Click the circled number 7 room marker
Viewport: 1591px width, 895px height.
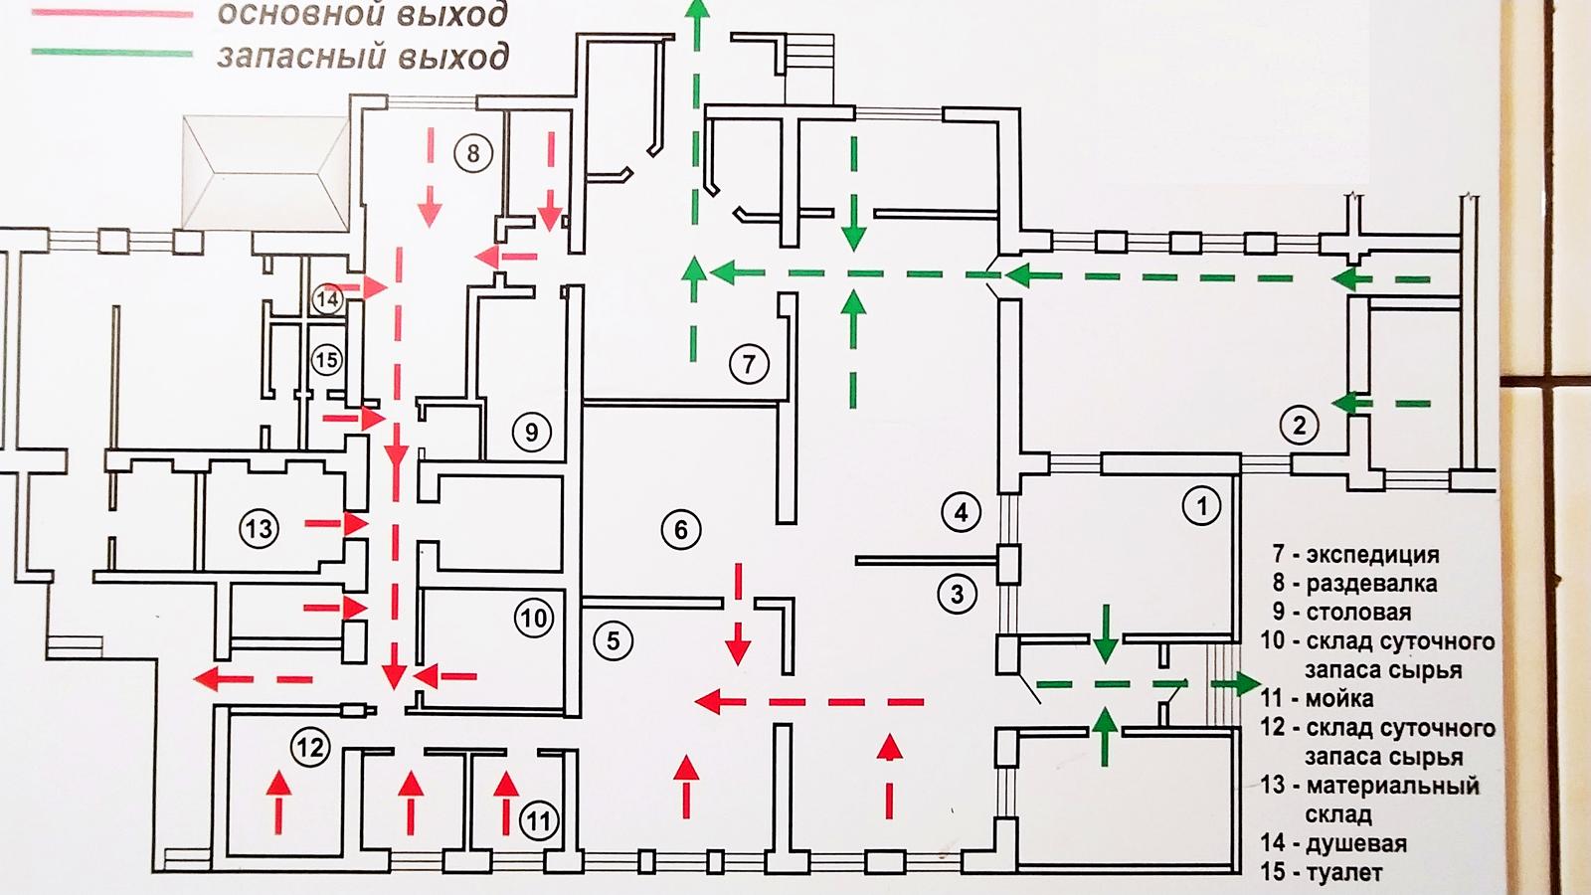[749, 364]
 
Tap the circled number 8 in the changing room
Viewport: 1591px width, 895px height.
[473, 153]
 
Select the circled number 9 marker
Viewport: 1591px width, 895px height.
[532, 432]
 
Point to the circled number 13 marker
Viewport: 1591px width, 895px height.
[259, 528]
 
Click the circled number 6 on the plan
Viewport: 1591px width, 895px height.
[680, 529]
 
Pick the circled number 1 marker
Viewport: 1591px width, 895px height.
[1202, 506]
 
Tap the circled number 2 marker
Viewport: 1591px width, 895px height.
[1299, 426]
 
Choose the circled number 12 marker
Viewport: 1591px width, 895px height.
[310, 747]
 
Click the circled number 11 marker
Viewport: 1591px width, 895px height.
[538, 821]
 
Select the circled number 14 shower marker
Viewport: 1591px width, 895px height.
[328, 299]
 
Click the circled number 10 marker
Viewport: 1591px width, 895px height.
[533, 618]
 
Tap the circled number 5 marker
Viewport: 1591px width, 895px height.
[613, 641]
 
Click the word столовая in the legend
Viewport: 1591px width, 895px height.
[1358, 613]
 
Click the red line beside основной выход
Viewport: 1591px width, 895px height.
[112, 14]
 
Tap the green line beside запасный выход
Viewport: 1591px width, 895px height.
[112, 53]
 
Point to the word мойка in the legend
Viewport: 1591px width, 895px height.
[1339, 699]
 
